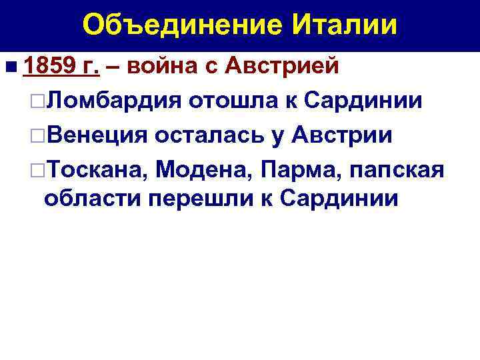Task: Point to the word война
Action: pos(157,67)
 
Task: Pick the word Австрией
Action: pos(283,67)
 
